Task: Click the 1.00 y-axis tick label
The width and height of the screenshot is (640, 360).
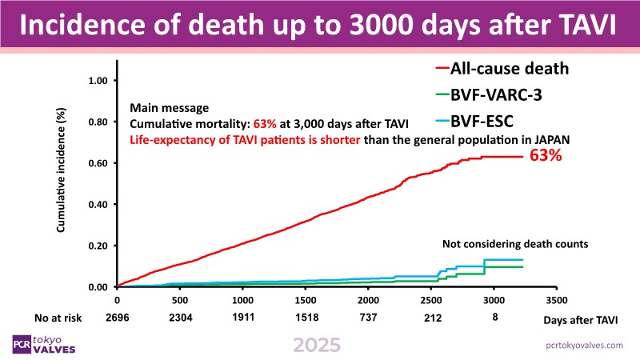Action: [x=96, y=81]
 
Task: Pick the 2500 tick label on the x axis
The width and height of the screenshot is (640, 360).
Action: [x=432, y=301]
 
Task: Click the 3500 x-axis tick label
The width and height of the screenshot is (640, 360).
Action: [x=557, y=301]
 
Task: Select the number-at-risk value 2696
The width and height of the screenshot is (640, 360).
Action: [x=118, y=318]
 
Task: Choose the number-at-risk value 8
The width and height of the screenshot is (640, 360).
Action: [x=494, y=318]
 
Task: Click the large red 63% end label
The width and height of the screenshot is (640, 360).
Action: [x=546, y=156]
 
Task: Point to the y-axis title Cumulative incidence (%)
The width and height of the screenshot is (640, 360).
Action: [x=61, y=171]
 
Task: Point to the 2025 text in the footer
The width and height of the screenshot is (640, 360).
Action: [x=317, y=345]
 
